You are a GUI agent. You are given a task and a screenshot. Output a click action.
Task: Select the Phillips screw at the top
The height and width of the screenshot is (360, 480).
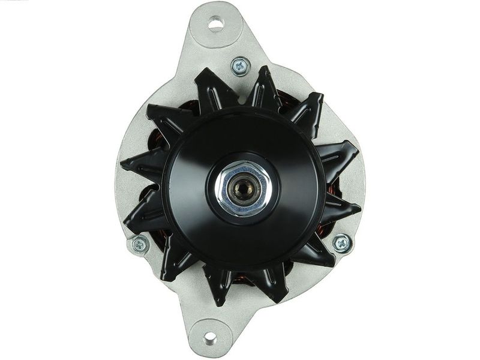(x=241, y=65)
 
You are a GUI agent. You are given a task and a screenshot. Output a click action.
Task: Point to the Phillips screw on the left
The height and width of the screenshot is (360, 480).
(x=139, y=244)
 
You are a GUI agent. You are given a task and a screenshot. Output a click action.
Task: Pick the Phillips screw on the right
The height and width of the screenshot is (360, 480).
(x=342, y=243)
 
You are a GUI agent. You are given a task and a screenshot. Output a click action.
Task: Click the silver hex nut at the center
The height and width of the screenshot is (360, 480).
(x=243, y=190)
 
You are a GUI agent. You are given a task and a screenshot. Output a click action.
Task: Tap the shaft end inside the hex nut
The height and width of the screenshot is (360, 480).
(x=243, y=191)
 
